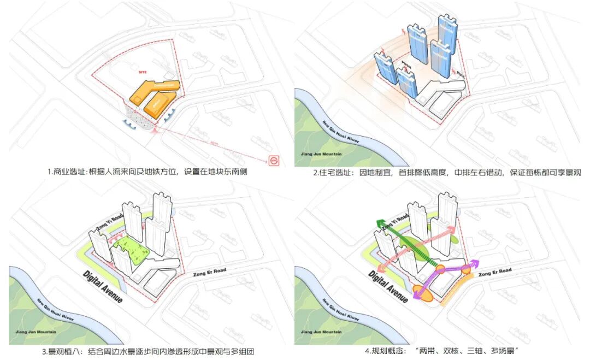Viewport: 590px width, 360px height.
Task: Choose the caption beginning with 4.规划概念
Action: click(441, 351)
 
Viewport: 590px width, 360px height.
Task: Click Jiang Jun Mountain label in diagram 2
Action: click(321, 154)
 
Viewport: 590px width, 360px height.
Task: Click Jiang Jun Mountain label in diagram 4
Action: click(321, 332)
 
